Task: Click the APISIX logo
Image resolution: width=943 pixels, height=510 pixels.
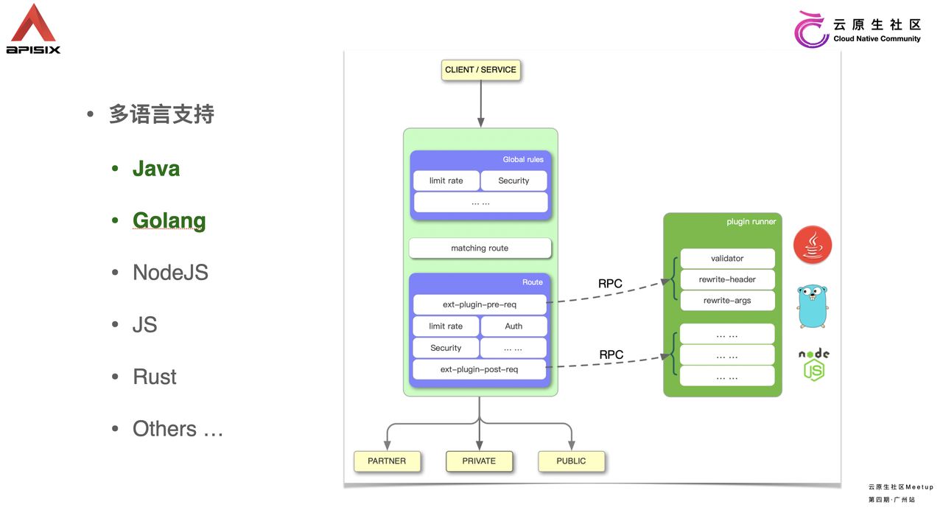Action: (x=33, y=29)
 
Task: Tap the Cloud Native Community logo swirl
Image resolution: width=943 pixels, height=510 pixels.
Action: (x=811, y=29)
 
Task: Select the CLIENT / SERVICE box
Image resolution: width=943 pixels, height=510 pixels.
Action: (x=480, y=69)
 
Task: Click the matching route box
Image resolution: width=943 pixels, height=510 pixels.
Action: (x=480, y=248)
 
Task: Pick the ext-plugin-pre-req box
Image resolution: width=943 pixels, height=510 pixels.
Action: (x=480, y=304)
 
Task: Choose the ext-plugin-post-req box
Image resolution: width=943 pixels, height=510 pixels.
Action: (x=479, y=369)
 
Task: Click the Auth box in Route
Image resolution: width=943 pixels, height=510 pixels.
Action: (x=513, y=326)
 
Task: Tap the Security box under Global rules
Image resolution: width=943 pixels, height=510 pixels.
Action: (x=513, y=181)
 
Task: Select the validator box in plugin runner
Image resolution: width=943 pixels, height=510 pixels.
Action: (x=727, y=258)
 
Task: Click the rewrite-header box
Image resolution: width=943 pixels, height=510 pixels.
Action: (x=727, y=279)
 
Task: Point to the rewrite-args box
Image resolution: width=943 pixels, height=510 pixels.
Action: (x=727, y=300)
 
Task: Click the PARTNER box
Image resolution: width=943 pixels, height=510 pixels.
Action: (x=387, y=461)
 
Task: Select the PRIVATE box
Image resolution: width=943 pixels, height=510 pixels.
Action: (x=479, y=461)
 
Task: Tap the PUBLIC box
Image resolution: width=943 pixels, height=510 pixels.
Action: (x=571, y=461)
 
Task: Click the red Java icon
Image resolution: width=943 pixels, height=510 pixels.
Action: (x=813, y=245)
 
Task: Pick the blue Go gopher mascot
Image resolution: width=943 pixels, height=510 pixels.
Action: (x=813, y=306)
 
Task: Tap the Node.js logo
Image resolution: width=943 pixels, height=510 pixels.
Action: (x=814, y=365)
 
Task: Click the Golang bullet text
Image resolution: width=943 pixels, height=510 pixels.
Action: (x=169, y=220)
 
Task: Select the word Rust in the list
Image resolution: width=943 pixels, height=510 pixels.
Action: (x=155, y=377)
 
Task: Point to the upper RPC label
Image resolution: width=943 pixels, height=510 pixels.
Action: (x=610, y=284)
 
